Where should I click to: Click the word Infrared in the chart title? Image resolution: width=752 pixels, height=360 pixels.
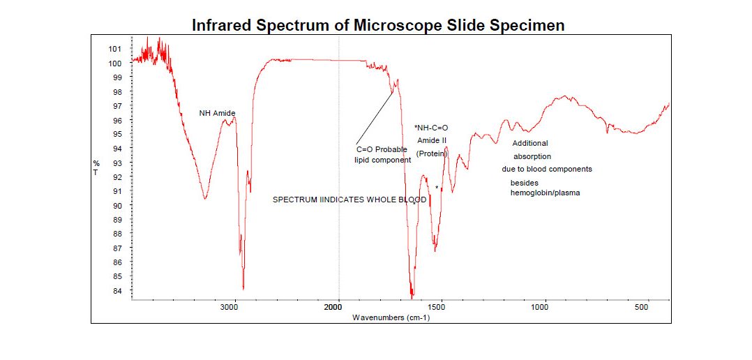221,26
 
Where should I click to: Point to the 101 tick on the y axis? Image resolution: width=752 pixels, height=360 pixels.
114,49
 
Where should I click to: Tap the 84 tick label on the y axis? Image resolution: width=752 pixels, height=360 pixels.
116,291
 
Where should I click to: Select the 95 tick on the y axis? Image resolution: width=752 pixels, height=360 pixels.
116,134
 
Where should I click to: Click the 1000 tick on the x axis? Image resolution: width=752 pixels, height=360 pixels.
542,308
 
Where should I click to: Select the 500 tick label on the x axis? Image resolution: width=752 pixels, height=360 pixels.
642,308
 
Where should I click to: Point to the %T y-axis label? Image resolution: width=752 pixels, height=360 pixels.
96,167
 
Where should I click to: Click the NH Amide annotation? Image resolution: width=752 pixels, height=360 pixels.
217,113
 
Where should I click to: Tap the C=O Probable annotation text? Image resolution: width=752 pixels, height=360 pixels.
382,149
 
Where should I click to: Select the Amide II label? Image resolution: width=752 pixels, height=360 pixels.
432,141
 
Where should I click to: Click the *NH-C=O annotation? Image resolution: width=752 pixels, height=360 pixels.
430,128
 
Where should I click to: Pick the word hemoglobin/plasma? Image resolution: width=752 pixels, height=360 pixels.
546,193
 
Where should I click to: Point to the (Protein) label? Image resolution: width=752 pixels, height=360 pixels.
431,153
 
